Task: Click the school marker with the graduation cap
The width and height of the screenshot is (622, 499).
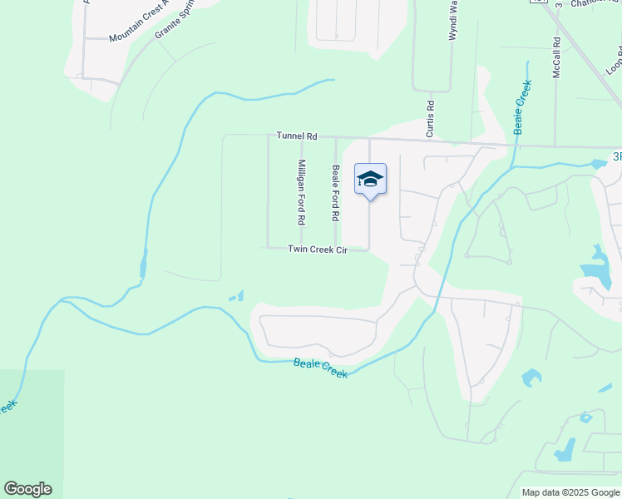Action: [x=371, y=179]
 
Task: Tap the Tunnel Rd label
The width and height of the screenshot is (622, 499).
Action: [x=298, y=136]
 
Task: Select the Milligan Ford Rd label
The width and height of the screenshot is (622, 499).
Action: [x=302, y=193]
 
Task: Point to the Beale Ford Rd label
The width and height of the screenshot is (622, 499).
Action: [x=336, y=193]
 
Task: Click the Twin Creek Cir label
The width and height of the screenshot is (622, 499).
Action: [x=317, y=249]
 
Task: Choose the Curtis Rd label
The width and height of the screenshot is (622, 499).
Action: [x=430, y=118]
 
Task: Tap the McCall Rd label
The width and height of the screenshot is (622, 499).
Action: [x=556, y=57]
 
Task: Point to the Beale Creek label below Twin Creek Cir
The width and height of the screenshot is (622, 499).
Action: [x=320, y=368]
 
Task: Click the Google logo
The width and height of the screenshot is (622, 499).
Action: [x=27, y=488]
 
